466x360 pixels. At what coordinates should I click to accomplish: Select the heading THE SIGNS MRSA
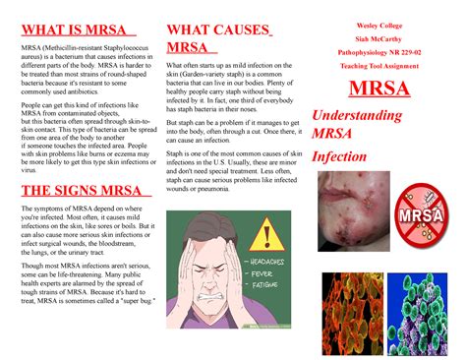pos(76,191)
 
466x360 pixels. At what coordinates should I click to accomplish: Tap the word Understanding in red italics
pos(357,116)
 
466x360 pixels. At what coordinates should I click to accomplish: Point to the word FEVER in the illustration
pos(265,274)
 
